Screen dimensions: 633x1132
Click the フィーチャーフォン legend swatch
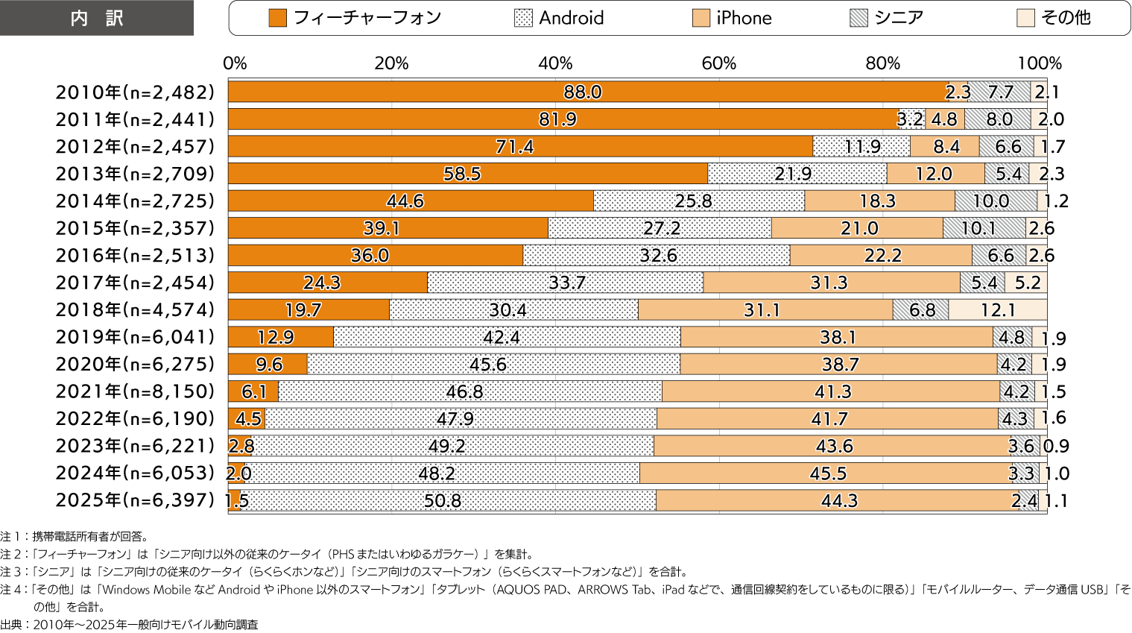click(277, 18)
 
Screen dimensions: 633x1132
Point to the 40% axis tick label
click(555, 63)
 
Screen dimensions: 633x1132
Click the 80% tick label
click(883, 63)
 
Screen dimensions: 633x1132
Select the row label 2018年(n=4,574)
click(135, 309)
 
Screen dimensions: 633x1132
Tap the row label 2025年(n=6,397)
click(135, 500)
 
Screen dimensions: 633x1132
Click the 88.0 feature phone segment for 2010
click(583, 92)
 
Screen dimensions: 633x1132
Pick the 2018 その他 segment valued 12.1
click(998, 309)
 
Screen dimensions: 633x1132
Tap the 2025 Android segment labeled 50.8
click(443, 500)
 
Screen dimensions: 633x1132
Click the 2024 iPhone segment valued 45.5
click(828, 473)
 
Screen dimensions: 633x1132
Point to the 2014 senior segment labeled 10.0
click(991, 201)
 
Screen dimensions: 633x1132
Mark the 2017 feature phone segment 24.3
click(322, 283)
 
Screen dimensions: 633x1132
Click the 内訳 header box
click(97, 18)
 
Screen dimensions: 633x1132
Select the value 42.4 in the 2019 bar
click(501, 337)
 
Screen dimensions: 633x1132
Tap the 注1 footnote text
click(75, 536)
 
